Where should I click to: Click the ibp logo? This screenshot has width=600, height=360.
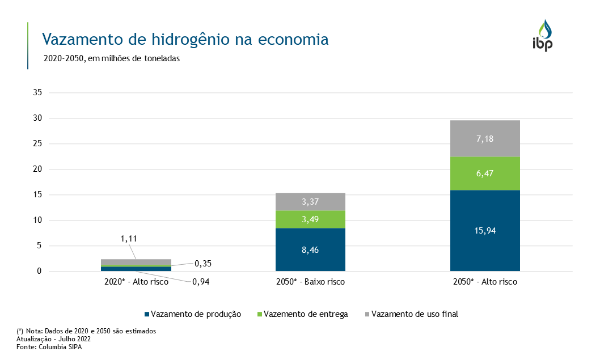tap(542, 36)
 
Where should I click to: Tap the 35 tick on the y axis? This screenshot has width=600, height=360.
tap(38, 93)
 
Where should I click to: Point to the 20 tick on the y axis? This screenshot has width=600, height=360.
tap(38, 170)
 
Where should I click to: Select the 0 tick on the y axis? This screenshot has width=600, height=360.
tap(40, 272)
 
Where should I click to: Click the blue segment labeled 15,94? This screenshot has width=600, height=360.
tap(485, 230)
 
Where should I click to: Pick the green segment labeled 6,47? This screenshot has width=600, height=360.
tap(485, 173)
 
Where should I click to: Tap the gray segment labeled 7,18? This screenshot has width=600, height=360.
tap(485, 138)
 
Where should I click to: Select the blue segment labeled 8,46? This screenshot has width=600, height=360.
tap(310, 249)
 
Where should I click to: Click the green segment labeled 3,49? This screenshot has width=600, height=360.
tap(310, 219)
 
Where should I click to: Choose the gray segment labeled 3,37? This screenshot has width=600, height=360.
tap(310, 202)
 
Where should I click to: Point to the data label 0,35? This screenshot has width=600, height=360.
tap(204, 264)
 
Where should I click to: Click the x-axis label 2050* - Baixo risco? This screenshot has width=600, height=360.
tap(310, 282)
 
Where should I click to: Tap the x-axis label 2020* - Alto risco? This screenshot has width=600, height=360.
tap(136, 282)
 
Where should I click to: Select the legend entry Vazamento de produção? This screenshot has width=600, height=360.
tap(193, 314)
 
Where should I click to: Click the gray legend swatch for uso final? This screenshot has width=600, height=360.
tap(367, 314)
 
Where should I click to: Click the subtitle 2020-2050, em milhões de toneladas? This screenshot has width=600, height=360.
tap(111, 58)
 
